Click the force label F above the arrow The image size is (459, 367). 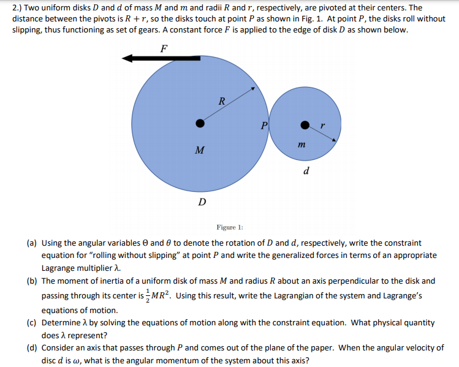click(x=164, y=48)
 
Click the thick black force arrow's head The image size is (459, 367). click(x=127, y=58)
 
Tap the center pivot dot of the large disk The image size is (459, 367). click(x=200, y=124)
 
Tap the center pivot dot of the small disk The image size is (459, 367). click(x=305, y=125)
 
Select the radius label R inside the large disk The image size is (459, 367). click(x=222, y=101)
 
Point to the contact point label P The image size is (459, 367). click(x=264, y=126)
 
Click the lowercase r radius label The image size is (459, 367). click(x=322, y=126)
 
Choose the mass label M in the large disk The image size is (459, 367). click(x=200, y=150)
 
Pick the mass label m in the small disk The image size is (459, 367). click(x=302, y=145)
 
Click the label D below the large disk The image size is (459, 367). click(x=202, y=202)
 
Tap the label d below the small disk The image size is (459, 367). click(x=306, y=170)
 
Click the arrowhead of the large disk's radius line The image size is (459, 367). click(x=253, y=88)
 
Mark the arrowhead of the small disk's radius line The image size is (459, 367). click(x=334, y=140)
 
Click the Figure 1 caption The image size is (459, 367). click(x=230, y=227)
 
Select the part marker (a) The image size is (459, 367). click(x=32, y=243)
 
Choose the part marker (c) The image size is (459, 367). click(x=32, y=323)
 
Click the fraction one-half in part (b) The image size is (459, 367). click(x=148, y=296)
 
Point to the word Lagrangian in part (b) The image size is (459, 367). click(x=294, y=296)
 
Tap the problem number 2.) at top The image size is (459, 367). click(x=17, y=8)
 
